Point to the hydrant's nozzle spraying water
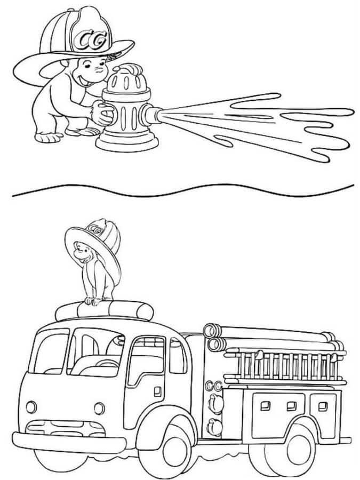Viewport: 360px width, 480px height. coord(151,115)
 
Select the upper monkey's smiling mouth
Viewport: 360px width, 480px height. coord(84,80)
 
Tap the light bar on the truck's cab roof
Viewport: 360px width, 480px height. coord(104,310)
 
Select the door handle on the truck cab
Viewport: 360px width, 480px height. coord(158,391)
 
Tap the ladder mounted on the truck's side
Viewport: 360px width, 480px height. coord(285,367)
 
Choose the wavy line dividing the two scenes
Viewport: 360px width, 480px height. coord(183,190)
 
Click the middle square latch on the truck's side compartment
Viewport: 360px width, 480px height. coord(291,406)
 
